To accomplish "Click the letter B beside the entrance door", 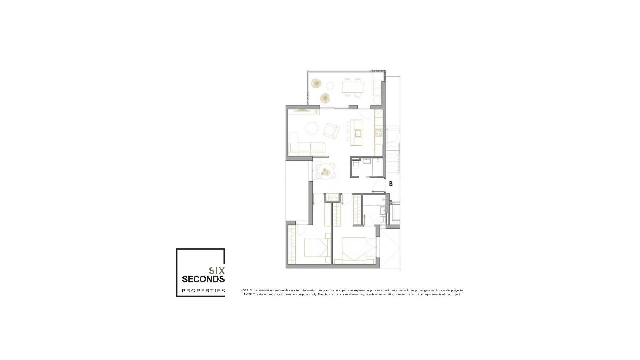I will click(391, 184).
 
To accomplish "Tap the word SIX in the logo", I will click(217, 271).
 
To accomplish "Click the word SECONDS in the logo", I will click(203, 279).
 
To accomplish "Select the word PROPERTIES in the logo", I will click(203, 291).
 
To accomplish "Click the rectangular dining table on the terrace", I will click(352, 87).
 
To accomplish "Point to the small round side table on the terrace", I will click(330, 86).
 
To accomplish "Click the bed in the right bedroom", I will click(354, 251).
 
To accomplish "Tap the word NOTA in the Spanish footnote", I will click(244, 290).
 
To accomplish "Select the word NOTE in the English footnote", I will click(248, 294).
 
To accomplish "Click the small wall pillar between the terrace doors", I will click(353, 107).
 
